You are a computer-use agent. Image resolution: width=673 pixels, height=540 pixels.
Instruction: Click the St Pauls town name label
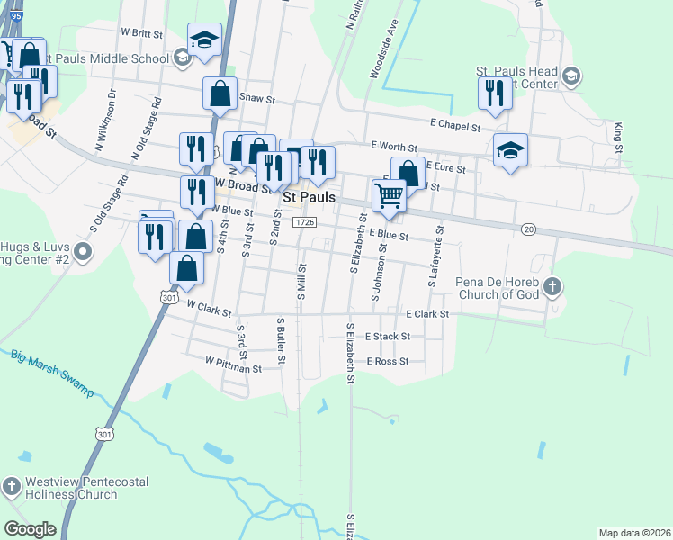[x=309, y=196]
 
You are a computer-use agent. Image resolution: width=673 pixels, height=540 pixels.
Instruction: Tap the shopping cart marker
[x=389, y=194]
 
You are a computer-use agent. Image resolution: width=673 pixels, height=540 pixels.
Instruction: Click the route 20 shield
[x=528, y=230]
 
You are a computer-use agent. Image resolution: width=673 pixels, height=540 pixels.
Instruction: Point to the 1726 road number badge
[x=305, y=221]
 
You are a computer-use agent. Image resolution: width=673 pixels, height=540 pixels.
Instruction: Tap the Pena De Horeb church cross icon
[x=553, y=286]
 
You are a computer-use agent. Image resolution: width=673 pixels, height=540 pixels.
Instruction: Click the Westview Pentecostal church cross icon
[x=11, y=487]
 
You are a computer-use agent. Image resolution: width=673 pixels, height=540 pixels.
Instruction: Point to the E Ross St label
[x=387, y=361]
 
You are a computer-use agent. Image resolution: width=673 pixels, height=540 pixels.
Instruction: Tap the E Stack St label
[x=388, y=336]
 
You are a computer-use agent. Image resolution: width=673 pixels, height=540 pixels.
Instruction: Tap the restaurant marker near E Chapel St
[x=493, y=94]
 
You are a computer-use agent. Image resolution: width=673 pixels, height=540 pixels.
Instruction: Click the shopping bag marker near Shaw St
[x=220, y=94]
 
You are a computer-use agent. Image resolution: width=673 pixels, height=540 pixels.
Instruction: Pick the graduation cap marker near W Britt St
[x=204, y=40]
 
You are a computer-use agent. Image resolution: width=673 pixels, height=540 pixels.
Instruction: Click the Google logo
[x=30, y=529]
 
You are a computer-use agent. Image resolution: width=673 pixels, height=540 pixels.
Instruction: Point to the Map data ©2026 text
[x=633, y=533]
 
